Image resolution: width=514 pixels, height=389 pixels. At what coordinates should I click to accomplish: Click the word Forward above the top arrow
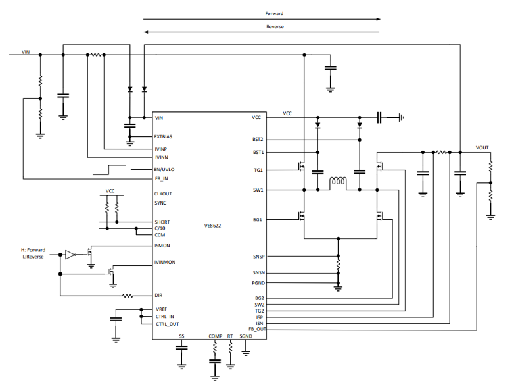274,13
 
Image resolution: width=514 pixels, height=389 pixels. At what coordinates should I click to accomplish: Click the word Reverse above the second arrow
275,26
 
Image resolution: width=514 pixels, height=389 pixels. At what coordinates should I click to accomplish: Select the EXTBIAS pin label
164,137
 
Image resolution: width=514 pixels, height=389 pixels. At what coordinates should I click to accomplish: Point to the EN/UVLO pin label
165,169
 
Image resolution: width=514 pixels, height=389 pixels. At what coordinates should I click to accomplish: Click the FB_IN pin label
161,178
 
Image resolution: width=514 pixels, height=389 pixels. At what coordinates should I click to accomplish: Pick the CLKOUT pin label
164,194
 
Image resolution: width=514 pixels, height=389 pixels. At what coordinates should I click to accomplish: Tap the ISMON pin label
162,246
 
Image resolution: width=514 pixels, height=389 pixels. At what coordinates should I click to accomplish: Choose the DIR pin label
158,295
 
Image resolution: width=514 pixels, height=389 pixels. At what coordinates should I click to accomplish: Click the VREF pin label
160,309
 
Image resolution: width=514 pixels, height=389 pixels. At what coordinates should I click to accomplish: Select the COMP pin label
216,336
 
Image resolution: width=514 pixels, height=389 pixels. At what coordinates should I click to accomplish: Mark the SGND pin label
246,336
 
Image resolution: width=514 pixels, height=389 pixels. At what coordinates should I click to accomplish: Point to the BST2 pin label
258,140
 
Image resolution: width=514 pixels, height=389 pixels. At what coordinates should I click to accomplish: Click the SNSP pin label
258,256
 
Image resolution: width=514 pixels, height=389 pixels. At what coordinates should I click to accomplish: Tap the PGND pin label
258,283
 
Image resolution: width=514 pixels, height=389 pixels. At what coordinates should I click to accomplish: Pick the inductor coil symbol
338,182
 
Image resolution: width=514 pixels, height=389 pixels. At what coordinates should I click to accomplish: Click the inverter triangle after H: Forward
69,253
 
